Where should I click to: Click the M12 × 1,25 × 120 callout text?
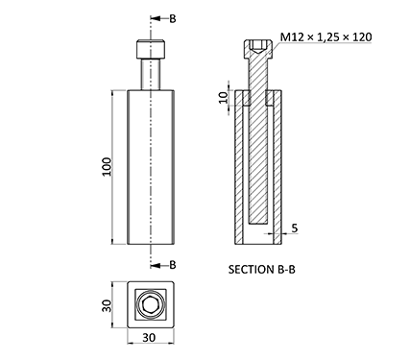(326, 37)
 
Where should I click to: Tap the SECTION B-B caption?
(262, 270)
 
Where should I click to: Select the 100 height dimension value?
(107, 167)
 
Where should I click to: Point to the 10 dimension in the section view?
(224, 97)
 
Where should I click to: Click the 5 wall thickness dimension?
(295, 228)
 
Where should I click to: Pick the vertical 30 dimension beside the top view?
(107, 305)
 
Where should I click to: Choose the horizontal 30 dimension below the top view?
(149, 337)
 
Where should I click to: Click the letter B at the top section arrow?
(173, 19)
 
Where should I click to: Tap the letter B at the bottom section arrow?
(173, 265)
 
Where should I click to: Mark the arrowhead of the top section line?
(155, 18)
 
